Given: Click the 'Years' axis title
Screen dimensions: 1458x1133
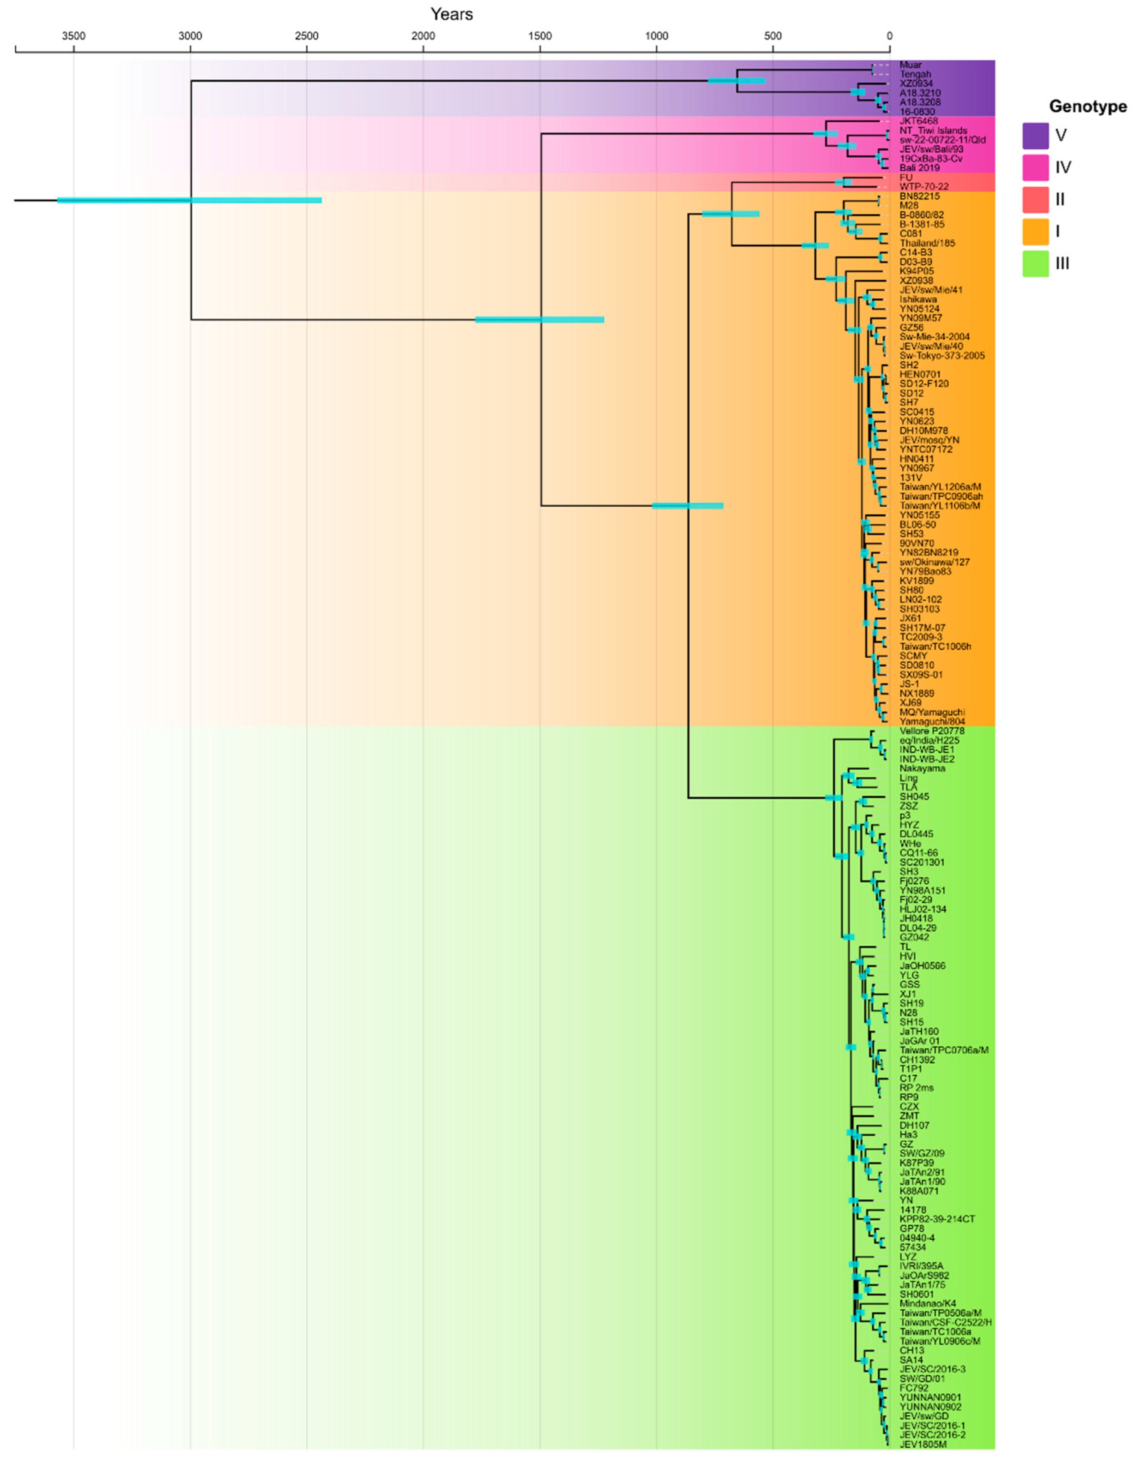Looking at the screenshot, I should click(451, 14).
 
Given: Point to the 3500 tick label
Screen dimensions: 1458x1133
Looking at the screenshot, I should click(73, 35).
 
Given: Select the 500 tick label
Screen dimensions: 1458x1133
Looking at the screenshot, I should click(773, 35).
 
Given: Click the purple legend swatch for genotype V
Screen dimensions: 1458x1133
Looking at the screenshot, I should click(1035, 136).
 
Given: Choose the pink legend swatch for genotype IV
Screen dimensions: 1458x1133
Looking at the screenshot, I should click(1035, 168).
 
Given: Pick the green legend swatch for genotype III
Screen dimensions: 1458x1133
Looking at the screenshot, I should click(1035, 264).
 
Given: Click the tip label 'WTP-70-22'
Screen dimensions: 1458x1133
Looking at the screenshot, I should click(924, 187).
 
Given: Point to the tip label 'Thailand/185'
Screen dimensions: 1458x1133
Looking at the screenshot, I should click(927, 244).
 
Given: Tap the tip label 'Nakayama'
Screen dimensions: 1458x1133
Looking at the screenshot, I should click(922, 768).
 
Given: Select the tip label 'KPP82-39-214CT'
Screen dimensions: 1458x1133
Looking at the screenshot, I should click(937, 1219).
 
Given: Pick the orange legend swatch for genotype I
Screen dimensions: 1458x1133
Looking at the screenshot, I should click(1035, 232).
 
